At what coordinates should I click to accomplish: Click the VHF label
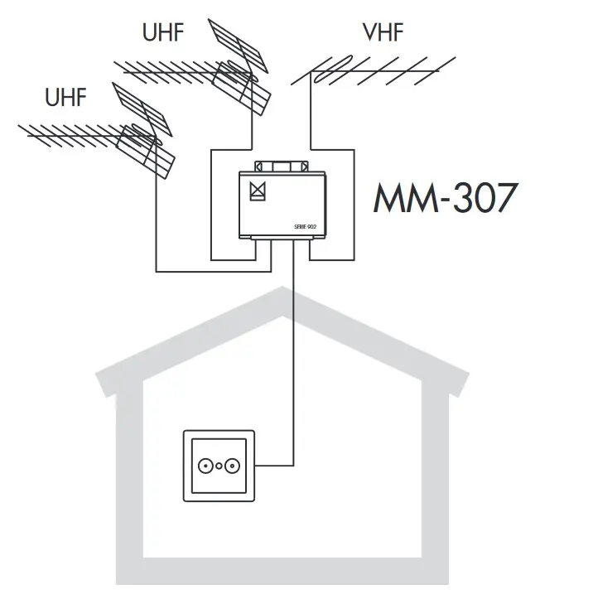tap(383, 34)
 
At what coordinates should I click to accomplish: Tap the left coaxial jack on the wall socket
tap(204, 466)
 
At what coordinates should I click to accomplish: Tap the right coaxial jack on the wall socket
tap(234, 466)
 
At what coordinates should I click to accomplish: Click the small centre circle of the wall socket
tap(219, 467)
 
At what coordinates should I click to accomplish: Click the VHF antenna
tap(373, 72)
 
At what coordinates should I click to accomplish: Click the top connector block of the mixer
tap(283, 167)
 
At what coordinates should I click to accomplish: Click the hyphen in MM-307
tap(439, 201)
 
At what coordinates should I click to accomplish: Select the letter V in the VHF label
tap(369, 34)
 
